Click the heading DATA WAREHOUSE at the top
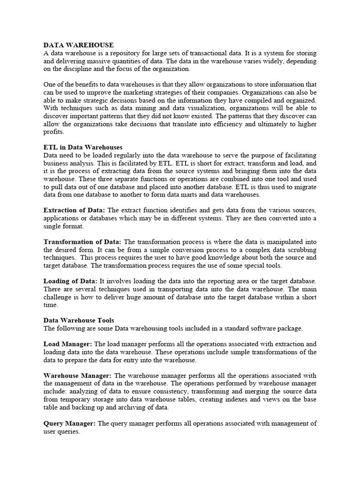[x=78, y=45]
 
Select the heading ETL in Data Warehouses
[x=83, y=147]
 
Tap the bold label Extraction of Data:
[x=74, y=210]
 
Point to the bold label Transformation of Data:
[x=82, y=242]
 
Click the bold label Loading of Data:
[x=71, y=281]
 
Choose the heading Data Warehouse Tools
[x=79, y=320]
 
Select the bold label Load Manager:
[x=67, y=344]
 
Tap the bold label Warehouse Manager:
[x=77, y=375]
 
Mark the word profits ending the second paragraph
[x=52, y=132]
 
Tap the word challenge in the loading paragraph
[x=57, y=297]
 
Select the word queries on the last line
[x=69, y=431]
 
